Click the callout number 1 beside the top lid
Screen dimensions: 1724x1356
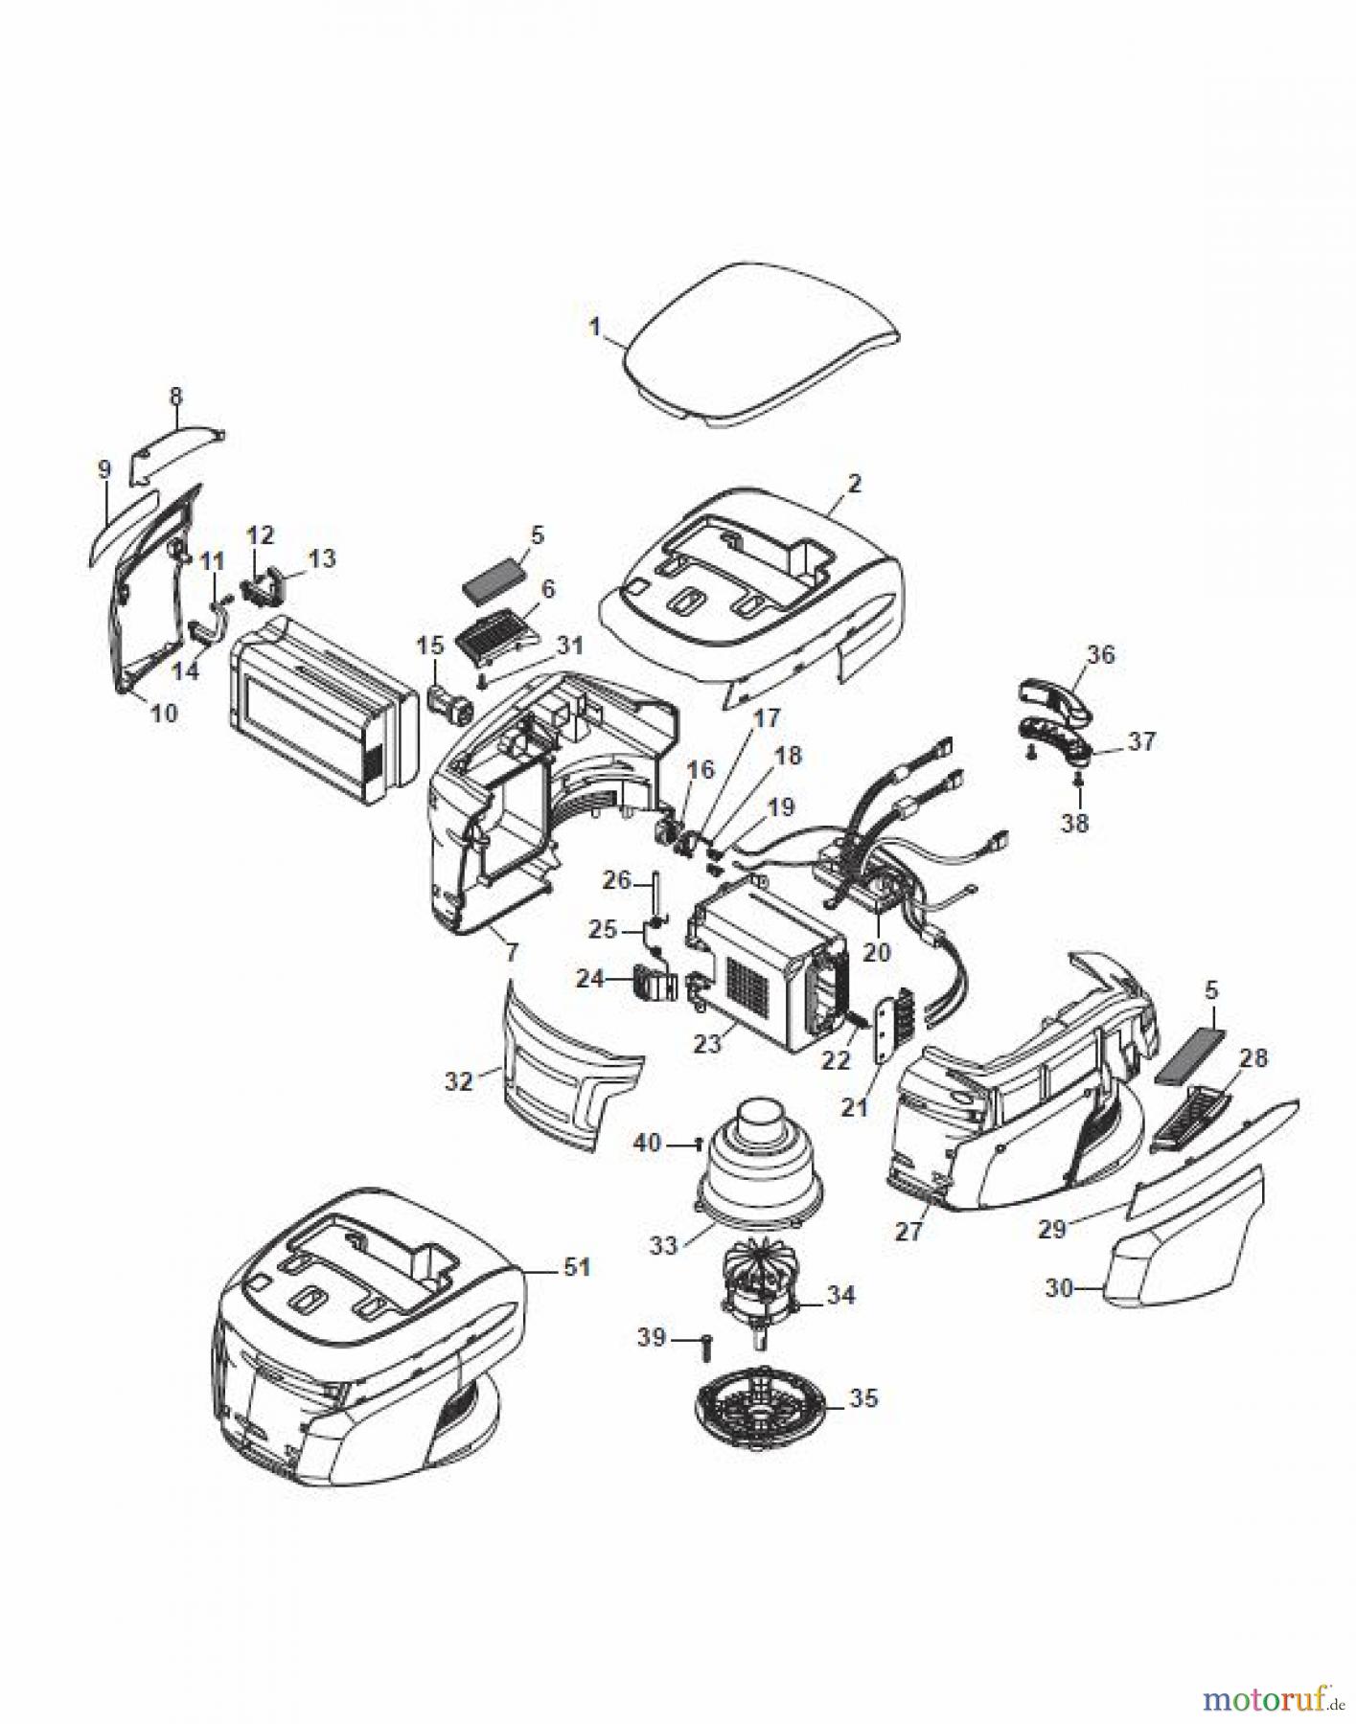pos(594,327)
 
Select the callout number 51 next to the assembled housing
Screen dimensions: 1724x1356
pos(577,1267)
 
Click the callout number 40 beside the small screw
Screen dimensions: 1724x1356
pos(649,1143)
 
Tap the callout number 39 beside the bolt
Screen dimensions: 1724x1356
pos(651,1337)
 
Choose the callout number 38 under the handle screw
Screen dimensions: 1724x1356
pos(1075,822)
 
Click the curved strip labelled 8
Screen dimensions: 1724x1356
pos(178,444)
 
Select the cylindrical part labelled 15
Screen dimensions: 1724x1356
pos(448,706)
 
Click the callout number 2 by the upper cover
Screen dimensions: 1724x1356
pos(854,483)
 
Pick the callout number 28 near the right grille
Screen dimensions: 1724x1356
pos(1253,1058)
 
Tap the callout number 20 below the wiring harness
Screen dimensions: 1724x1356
pos(876,951)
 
